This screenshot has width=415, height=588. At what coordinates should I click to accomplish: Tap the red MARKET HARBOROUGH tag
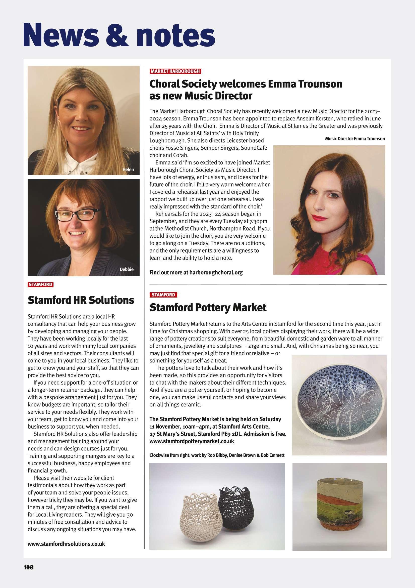click(175, 71)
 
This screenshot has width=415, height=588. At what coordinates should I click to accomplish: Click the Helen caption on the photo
click(128, 170)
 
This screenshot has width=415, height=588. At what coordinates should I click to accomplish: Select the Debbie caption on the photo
click(127, 269)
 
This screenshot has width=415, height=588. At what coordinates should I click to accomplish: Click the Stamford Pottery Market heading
click(208, 308)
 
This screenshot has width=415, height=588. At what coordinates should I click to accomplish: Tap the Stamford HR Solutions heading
click(81, 300)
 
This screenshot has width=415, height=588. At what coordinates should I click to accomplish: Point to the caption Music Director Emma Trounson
click(355, 139)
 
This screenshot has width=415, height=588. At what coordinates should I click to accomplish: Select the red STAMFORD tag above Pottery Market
click(163, 295)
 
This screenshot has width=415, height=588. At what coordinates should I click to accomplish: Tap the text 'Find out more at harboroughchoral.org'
click(196, 272)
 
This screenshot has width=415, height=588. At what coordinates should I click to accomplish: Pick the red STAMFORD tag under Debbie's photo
click(40, 284)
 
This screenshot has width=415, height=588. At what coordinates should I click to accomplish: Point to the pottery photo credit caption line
click(217, 455)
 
